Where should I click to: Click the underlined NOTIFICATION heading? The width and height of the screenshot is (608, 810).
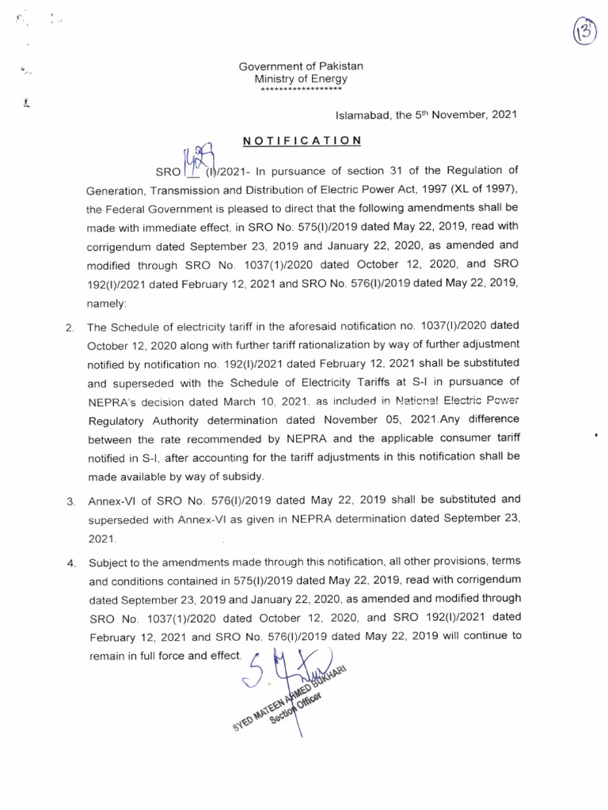tap(302, 140)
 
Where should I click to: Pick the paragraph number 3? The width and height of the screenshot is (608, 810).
tap(70, 501)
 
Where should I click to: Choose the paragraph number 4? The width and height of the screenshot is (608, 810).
tap(70, 563)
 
